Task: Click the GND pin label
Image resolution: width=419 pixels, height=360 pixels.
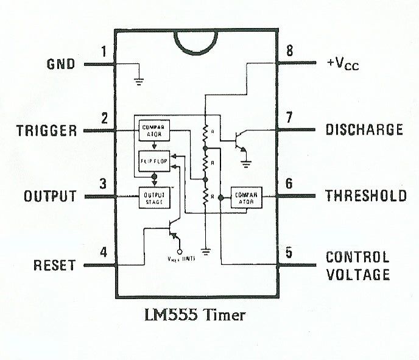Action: click(x=61, y=64)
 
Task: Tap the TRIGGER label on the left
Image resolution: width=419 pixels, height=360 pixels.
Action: click(x=47, y=130)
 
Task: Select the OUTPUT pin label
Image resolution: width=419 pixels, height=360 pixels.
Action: click(x=50, y=197)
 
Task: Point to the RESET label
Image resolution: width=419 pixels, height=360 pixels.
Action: click(x=54, y=266)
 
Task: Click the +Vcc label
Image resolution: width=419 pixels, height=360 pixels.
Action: click(x=342, y=63)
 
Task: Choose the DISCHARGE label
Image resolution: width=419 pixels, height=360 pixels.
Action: click(x=364, y=130)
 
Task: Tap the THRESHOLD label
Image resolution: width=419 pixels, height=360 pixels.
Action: click(x=365, y=196)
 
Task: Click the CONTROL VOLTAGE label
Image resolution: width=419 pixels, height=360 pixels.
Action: click(x=357, y=266)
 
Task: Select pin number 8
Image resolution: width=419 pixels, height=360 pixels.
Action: click(x=289, y=51)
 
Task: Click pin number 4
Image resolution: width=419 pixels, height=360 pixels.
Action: click(x=104, y=252)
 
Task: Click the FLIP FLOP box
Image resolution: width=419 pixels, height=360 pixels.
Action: click(x=154, y=161)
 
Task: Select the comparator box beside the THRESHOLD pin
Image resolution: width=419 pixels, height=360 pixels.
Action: click(x=246, y=198)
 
